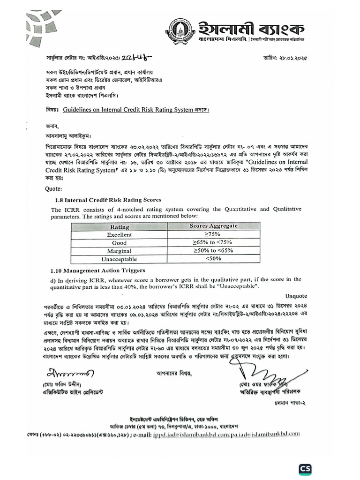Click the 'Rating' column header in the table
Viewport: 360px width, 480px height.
pos(119,226)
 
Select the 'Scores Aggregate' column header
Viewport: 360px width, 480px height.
pos(213,226)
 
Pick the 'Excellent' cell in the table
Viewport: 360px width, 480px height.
pos(119,234)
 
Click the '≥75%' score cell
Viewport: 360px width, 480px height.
pos(213,234)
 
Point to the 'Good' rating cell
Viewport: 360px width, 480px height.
pos(119,243)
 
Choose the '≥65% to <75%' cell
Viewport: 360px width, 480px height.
pos(213,243)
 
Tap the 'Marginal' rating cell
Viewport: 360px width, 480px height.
pos(119,251)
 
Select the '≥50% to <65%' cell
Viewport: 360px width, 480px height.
pos(213,251)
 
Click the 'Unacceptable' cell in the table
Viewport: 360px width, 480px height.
pos(119,259)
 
